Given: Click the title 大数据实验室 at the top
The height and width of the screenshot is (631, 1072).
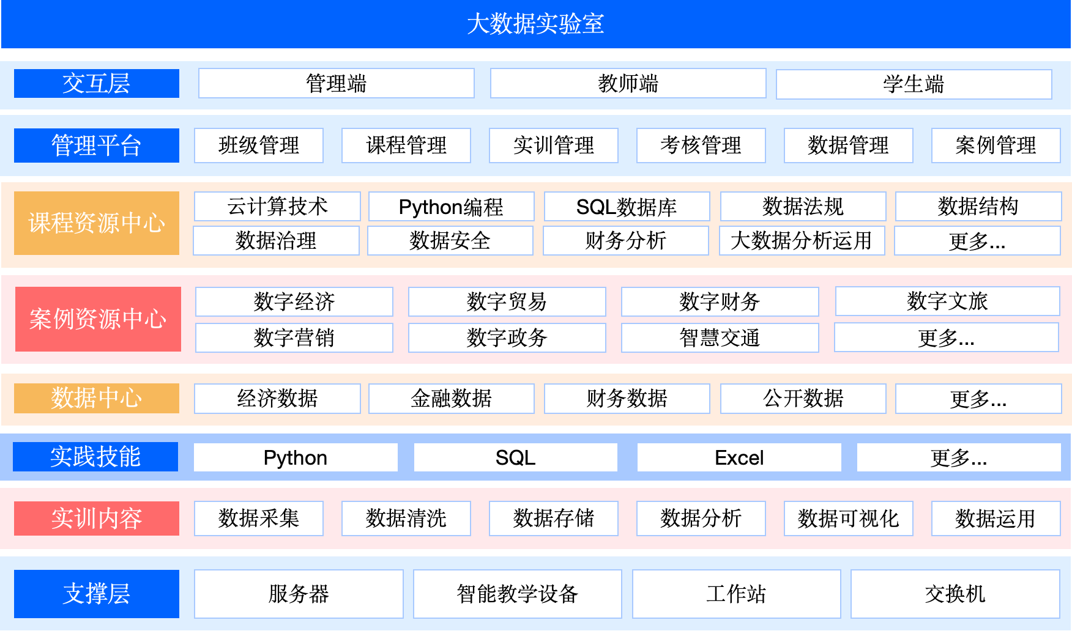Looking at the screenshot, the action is pyautogui.click(x=535, y=24).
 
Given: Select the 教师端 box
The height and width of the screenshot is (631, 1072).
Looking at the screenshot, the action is pyautogui.click(x=628, y=83).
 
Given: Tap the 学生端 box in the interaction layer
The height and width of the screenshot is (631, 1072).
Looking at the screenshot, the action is pyautogui.click(x=914, y=84).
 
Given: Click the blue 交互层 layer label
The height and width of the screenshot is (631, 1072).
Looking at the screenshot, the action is pyautogui.click(x=97, y=83).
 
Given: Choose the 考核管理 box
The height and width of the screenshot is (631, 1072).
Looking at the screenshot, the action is pyautogui.click(x=701, y=146).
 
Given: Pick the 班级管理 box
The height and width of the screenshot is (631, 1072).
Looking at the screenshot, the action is pyautogui.click(x=259, y=146).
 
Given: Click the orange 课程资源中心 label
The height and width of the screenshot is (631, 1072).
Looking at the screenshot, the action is pyautogui.click(x=97, y=223).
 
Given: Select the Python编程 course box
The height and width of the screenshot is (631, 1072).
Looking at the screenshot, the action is pyautogui.click(x=452, y=207).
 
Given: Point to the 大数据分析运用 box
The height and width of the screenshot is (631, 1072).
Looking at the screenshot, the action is pyautogui.click(x=802, y=241).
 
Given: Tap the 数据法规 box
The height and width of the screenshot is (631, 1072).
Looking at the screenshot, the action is pyautogui.click(x=803, y=207).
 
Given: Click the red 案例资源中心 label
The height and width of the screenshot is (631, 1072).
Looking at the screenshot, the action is pyautogui.click(x=98, y=319).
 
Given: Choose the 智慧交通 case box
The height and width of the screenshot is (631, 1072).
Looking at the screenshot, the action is pyautogui.click(x=720, y=338).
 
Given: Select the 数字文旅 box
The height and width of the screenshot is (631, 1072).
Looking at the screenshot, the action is pyautogui.click(x=948, y=301).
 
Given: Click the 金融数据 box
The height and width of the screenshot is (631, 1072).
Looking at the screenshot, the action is pyautogui.click(x=452, y=399).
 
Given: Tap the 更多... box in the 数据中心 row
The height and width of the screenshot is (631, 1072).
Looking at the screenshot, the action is pyautogui.click(x=978, y=399).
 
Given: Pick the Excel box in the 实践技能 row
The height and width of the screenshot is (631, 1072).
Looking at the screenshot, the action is pyautogui.click(x=739, y=457).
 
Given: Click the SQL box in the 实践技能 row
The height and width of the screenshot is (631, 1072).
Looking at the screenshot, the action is pyautogui.click(x=516, y=457).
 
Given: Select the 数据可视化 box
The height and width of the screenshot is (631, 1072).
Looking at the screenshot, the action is pyautogui.click(x=849, y=518).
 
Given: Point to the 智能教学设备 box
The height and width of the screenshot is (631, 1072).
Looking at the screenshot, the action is pyautogui.click(x=518, y=594).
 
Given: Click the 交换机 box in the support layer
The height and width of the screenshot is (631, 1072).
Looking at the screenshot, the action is pyautogui.click(x=955, y=594).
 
